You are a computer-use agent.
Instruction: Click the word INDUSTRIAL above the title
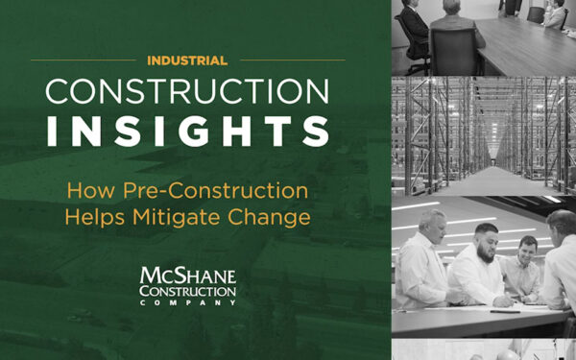[187, 60]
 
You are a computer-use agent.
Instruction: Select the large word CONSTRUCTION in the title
[187, 92]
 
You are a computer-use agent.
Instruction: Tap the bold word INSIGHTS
[187, 132]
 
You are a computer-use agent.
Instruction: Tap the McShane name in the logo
[188, 275]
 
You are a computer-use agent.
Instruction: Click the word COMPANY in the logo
[187, 300]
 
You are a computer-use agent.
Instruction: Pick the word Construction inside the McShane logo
[187, 289]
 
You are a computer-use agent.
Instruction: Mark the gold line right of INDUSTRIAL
[288, 60]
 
